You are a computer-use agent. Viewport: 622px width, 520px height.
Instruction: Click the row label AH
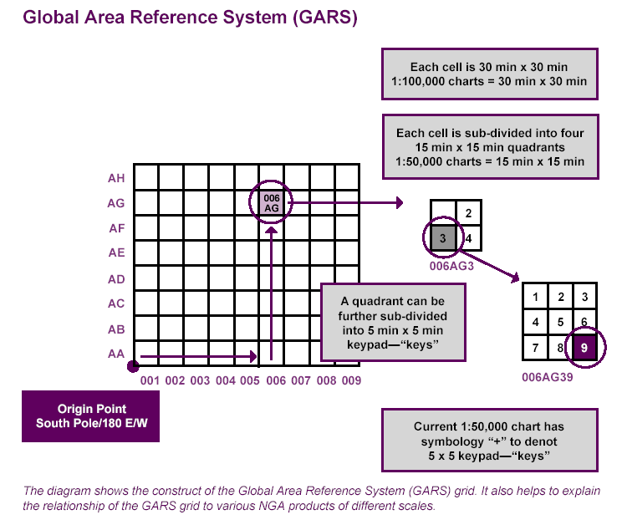point(116,178)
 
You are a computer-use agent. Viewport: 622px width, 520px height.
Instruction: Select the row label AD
point(116,278)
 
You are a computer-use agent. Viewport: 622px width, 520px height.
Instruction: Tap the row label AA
point(116,354)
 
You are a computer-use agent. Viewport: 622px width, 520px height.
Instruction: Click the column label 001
point(150,381)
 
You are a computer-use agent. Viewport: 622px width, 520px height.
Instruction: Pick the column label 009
point(350,381)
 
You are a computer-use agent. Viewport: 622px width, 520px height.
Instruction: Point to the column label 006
point(275,381)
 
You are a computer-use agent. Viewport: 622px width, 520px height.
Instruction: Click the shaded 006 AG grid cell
point(271,202)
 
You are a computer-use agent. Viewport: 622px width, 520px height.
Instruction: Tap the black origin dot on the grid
point(132,365)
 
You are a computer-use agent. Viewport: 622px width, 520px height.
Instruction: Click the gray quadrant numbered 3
point(443,238)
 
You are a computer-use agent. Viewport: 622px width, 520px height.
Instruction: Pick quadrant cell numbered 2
point(469,213)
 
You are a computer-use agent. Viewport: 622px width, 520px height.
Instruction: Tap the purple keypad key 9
point(584,346)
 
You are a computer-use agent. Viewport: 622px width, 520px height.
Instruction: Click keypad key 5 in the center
point(560,321)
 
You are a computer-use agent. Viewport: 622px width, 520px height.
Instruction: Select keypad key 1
point(535,297)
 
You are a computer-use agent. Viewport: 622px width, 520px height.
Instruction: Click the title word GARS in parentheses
point(321,18)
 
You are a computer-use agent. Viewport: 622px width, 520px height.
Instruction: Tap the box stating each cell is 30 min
point(489,74)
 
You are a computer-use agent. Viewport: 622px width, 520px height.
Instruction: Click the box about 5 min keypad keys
point(392,323)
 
